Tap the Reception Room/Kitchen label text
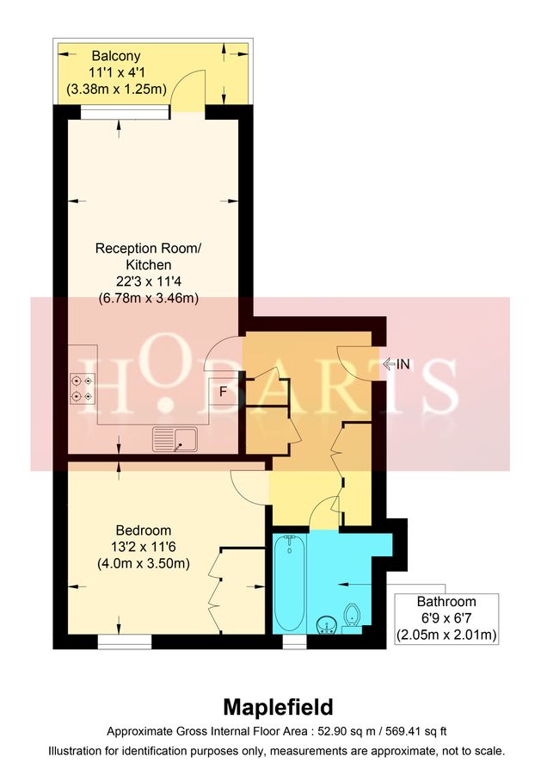[149, 257]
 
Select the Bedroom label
[144, 530]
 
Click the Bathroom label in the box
[446, 602]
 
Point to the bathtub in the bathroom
[288, 583]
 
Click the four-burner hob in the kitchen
[84, 387]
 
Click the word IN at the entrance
[402, 364]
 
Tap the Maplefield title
[277, 708]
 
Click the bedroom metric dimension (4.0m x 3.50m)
[144, 564]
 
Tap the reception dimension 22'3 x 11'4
[149, 282]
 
